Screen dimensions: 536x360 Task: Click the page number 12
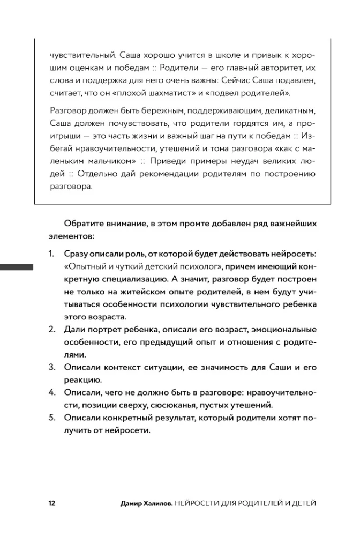point(51,503)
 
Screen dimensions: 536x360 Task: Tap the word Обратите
point(82,222)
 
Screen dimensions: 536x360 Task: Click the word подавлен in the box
point(297,81)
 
